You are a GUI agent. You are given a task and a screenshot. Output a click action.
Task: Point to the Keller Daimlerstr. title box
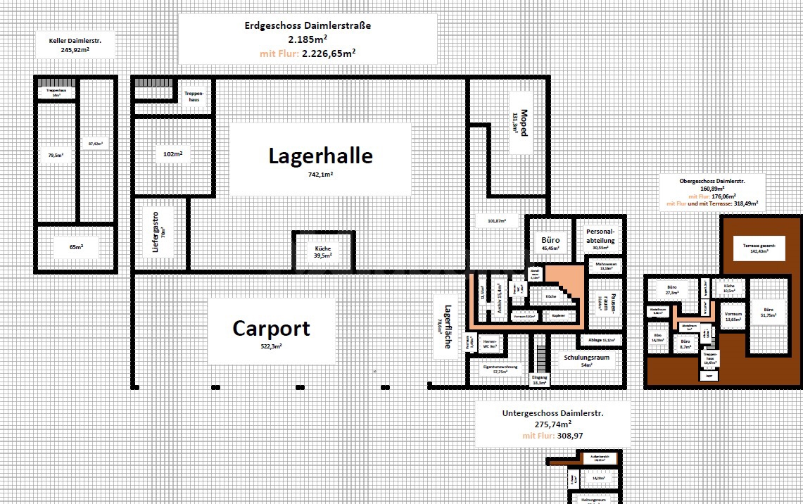coord(74,46)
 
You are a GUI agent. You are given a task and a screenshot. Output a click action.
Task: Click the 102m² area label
coord(172,154)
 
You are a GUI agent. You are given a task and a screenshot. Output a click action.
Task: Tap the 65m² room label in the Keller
coord(76,248)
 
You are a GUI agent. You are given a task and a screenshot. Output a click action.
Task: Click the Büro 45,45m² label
coord(550,243)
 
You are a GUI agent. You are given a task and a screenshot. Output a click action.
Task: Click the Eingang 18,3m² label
coord(539,380)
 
